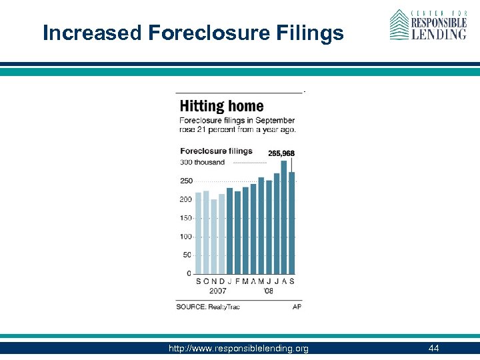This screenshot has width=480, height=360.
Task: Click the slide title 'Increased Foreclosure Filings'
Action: (193, 33)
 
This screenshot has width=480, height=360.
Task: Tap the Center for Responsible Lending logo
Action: (428, 25)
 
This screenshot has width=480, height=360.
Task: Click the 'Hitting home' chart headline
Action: (221, 106)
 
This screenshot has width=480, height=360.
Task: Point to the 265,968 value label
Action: (281, 153)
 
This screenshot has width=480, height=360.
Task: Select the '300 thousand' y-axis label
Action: (202, 162)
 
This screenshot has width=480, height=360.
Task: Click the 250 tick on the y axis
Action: (185, 181)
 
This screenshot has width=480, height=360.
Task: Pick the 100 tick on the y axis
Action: (185, 237)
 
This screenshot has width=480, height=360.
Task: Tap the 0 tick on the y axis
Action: (189, 274)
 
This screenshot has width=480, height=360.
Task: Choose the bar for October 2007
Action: (206, 232)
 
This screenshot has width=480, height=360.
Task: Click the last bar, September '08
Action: (292, 223)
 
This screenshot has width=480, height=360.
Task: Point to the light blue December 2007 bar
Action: (222, 234)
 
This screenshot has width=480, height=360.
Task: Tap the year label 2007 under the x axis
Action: (218, 291)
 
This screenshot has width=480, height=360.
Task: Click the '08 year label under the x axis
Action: (267, 291)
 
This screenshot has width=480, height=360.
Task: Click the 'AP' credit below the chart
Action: (297, 307)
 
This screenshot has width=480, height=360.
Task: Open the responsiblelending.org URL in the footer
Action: (239, 349)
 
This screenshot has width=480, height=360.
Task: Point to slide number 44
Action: (433, 349)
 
